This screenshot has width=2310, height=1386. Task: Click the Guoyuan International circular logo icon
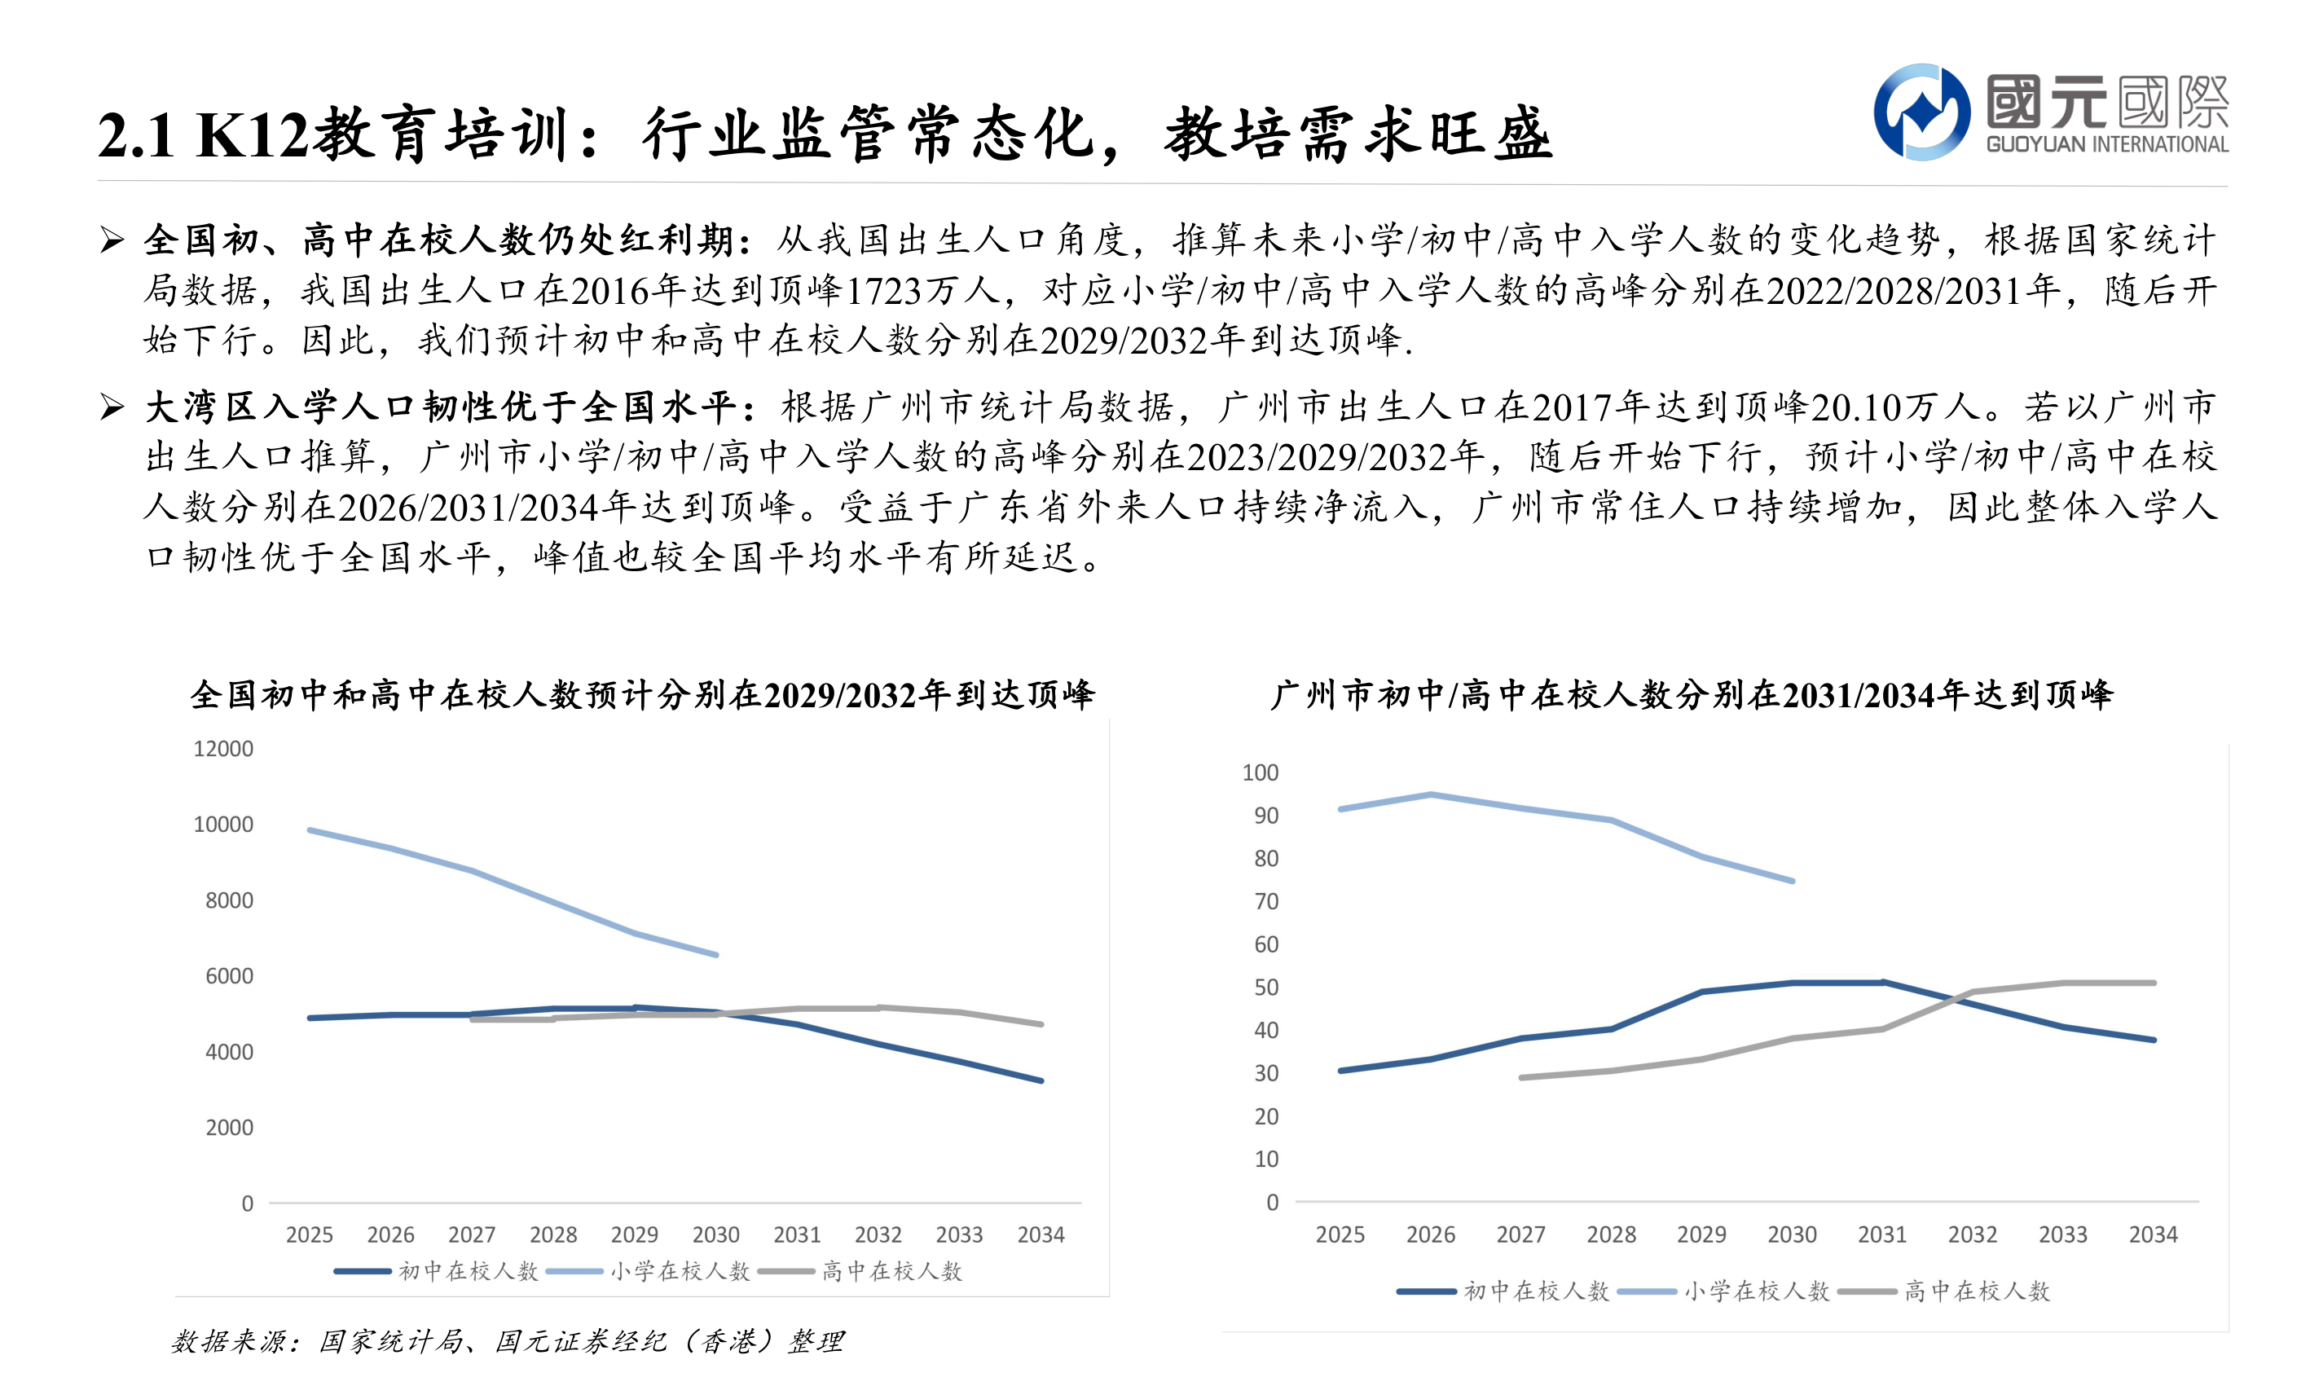1921,112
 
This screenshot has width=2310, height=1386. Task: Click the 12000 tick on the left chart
222,749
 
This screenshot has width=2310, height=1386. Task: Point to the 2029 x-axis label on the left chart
634,1234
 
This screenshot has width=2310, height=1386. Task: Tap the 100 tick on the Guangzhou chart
1260,772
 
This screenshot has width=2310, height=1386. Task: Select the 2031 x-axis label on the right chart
1881,1234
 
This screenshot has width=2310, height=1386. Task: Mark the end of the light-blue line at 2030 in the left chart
716,954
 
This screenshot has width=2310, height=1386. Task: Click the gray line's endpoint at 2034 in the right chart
2153,983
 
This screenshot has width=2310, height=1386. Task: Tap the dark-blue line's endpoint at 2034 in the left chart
1041,1080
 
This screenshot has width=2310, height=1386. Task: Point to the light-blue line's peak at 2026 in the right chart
1431,794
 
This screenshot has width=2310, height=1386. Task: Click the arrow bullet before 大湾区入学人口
112,407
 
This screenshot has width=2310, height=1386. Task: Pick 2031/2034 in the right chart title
1858,696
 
